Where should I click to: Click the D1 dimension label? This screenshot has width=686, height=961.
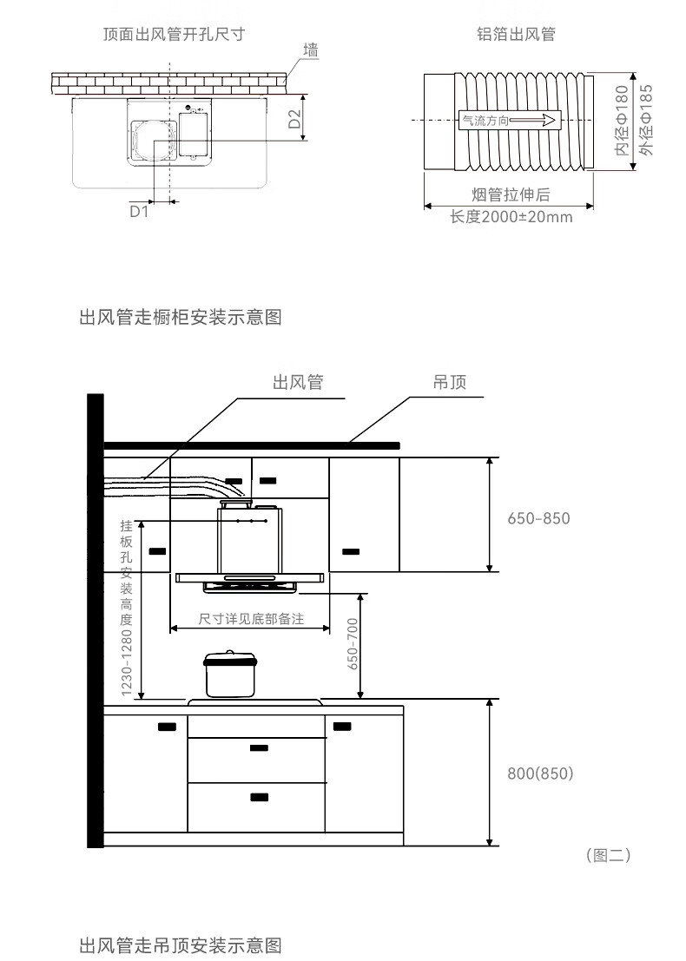tap(139, 211)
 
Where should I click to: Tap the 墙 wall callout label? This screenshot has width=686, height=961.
tap(311, 51)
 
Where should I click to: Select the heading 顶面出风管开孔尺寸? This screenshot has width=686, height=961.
tap(174, 35)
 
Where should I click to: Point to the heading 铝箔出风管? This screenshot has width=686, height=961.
tap(516, 35)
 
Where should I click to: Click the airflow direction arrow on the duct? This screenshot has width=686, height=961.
tap(508, 121)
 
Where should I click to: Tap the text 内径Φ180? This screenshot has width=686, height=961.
tap(621, 121)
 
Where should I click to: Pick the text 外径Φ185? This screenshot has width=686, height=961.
tap(645, 121)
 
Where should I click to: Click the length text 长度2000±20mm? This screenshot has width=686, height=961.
tap(511, 216)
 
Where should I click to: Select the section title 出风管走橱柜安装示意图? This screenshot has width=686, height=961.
tap(181, 317)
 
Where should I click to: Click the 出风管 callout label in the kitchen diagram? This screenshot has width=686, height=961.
tap(298, 383)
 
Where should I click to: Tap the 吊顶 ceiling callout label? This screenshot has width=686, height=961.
tap(450, 383)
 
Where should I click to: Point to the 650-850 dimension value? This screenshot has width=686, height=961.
tap(538, 518)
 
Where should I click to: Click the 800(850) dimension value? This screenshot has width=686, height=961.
tap(540, 773)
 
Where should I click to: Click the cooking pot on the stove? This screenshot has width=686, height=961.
tap(228, 675)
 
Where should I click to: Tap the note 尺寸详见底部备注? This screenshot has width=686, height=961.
tap(251, 619)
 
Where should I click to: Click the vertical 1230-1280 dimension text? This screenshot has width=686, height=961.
tap(127, 662)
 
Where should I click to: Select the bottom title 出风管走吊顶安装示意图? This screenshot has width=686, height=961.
tap(181, 944)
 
